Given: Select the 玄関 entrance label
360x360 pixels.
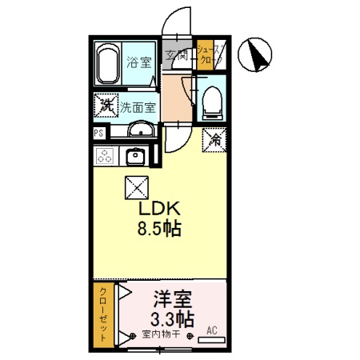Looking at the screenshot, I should click(x=178, y=55).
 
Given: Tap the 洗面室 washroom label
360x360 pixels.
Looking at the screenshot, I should click(x=138, y=106).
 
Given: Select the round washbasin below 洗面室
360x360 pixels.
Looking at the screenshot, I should click(x=140, y=130).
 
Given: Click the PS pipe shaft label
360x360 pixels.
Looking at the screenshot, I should click(x=98, y=133).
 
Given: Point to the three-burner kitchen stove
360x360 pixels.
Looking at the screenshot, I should click(x=105, y=155).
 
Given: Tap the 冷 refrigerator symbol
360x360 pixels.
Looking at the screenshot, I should click(x=214, y=138).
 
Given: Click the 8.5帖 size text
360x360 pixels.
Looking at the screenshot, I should click(x=158, y=229).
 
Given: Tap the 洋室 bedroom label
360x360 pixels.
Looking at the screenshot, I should click(x=171, y=301).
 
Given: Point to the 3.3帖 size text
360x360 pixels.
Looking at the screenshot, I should click(x=171, y=319).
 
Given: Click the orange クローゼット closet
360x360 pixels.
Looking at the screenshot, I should click(x=102, y=315).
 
